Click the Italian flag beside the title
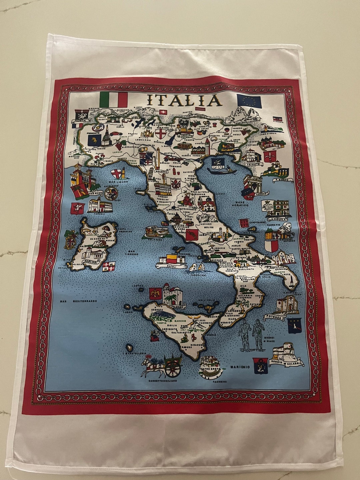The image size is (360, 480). coord(114,99)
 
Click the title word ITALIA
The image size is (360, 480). coord(184,100)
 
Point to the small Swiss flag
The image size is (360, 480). coord(163,112)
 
